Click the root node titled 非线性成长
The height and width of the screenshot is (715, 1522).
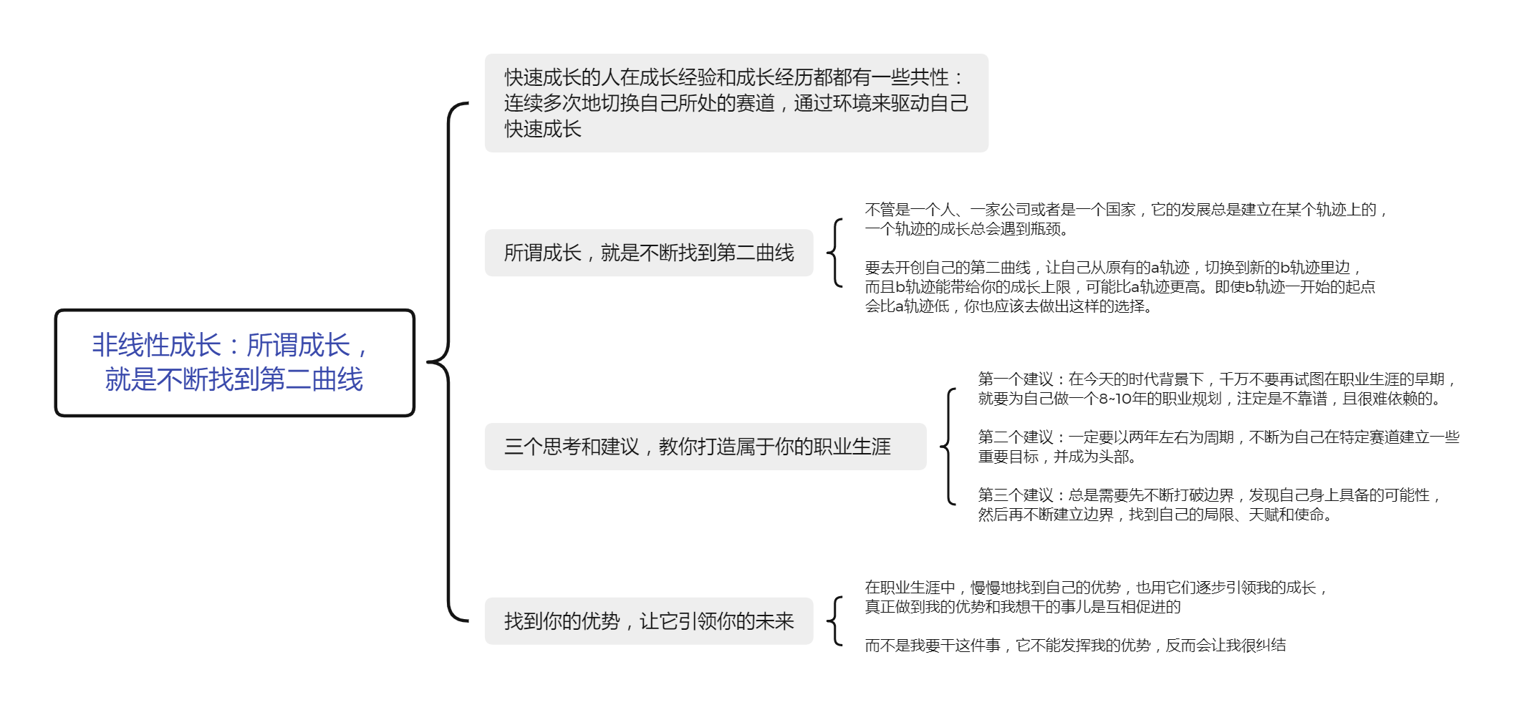(x=235, y=362)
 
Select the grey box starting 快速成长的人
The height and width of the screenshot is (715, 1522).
(x=736, y=103)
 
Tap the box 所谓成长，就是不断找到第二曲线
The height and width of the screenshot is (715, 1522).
(x=649, y=253)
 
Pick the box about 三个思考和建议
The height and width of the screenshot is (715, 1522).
(x=705, y=447)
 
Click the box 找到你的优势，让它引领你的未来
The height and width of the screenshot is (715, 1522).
(x=649, y=621)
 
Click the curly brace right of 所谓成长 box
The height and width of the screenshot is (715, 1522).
(x=834, y=253)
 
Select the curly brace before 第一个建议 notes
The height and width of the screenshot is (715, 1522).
(x=948, y=447)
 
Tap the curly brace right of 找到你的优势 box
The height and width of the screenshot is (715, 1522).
(x=834, y=621)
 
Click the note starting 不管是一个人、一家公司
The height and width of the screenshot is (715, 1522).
(x=1126, y=219)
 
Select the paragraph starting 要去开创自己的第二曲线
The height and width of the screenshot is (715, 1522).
(x=1120, y=287)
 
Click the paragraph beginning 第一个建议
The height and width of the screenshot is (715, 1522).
(x=1217, y=389)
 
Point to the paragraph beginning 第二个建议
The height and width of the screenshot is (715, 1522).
(x=1218, y=447)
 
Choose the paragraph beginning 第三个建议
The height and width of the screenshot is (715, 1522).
(x=1210, y=505)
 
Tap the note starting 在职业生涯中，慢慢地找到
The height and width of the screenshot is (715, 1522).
(x=1097, y=597)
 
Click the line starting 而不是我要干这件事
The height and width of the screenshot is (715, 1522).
(x=1075, y=646)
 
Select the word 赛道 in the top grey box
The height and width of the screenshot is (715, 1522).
(x=755, y=103)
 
